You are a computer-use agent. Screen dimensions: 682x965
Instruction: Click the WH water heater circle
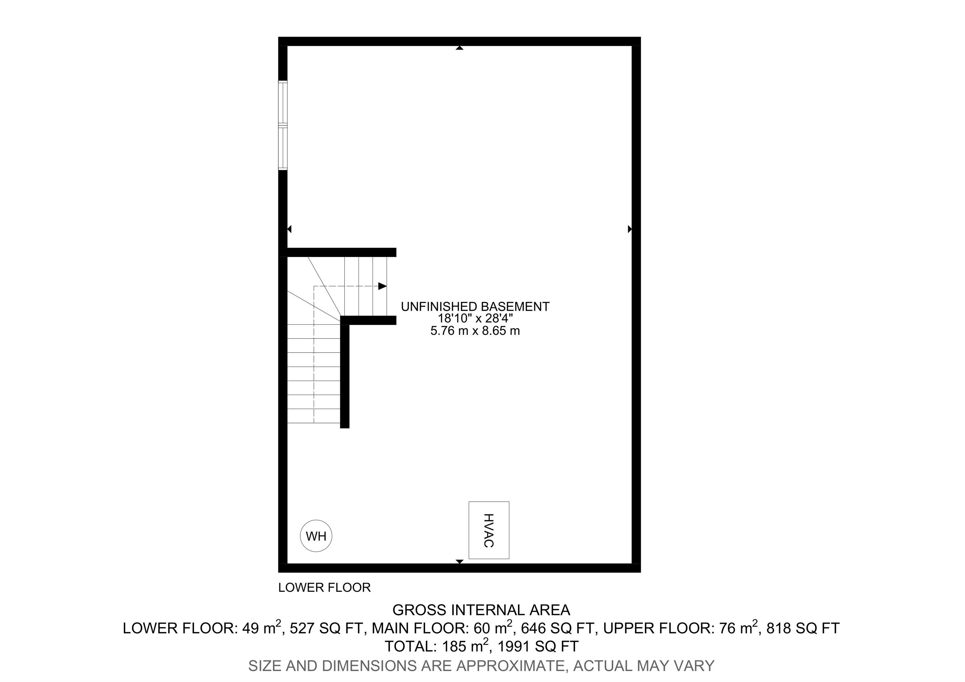pos(316,536)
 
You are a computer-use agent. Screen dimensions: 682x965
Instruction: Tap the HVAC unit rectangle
pos(488,530)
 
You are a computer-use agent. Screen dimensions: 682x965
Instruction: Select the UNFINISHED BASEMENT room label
pos(475,306)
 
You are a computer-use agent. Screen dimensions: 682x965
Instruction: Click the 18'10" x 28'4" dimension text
pos(475,319)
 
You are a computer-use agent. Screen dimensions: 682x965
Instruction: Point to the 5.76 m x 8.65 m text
pos(475,331)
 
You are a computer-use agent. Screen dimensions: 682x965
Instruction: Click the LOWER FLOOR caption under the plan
pos(324,587)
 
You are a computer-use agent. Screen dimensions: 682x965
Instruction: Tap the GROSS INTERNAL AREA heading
pos(481,610)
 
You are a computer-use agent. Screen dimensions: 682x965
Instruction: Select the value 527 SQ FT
pos(326,628)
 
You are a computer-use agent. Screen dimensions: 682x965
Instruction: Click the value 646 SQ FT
pos(558,628)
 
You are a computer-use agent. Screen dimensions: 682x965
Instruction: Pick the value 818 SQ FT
pos(803,628)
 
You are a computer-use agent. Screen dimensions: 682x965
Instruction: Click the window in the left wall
pos(283,125)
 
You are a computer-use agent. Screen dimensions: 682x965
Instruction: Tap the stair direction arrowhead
pos(382,286)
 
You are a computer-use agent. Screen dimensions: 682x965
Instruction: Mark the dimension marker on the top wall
pos(459,48)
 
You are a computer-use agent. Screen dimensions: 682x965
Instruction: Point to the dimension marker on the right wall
pos(630,229)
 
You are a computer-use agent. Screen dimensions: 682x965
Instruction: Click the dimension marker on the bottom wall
pos(459,561)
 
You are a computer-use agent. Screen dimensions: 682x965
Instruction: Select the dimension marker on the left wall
pos(289,229)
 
